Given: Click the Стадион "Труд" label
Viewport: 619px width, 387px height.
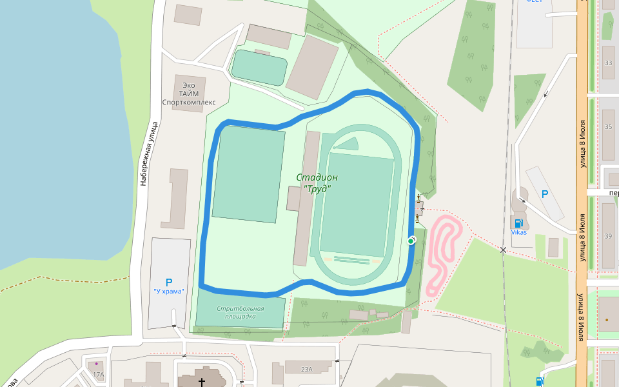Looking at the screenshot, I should tap(317, 183).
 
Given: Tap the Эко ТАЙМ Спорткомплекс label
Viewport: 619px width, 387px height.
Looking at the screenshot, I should tap(188, 94).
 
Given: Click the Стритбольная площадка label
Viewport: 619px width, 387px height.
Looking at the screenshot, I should tap(240, 313).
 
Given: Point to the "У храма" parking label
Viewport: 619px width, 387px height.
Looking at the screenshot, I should tap(169, 292).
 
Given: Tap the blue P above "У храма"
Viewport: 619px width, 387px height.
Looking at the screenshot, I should tap(169, 282).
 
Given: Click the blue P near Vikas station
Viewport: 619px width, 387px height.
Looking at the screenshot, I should tap(545, 193).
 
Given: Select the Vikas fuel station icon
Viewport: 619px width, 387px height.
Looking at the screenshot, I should tap(517, 223).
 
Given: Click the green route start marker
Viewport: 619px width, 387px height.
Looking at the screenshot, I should tap(411, 241).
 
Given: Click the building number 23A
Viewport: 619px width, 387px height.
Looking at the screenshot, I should tap(307, 369).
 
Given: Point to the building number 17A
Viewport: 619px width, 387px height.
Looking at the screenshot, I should tap(98, 374).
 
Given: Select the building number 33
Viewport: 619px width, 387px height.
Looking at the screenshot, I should tap(608, 63).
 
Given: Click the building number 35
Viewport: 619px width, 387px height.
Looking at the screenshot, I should tap(608, 127).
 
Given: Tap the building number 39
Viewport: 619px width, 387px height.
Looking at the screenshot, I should tap(608, 236).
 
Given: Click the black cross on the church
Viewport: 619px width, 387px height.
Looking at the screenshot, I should tap(202, 382).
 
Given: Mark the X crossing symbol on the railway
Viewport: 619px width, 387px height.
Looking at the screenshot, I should tap(503, 250).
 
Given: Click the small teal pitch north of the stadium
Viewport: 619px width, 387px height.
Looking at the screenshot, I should tap(259, 67).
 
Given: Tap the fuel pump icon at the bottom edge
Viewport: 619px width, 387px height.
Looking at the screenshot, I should tap(539, 381).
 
